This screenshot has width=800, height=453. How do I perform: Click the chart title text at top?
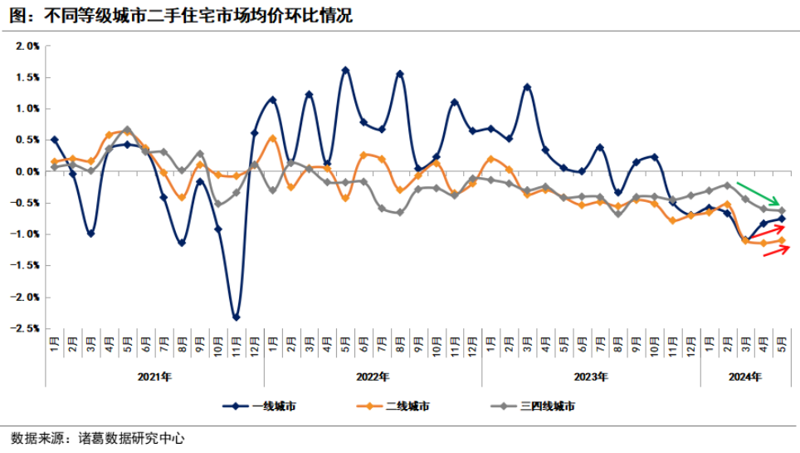(x=178, y=14)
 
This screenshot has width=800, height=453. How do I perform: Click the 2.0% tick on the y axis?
(x=28, y=46)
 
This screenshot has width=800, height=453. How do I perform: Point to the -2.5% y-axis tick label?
(x=27, y=328)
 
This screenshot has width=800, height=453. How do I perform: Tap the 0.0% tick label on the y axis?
(x=28, y=171)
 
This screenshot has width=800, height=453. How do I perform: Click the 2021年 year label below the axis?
(x=154, y=377)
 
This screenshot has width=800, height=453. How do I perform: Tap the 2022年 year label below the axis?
(x=373, y=377)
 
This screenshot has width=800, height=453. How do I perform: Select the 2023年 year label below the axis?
(x=591, y=377)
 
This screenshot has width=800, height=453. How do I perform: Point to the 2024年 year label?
(x=745, y=377)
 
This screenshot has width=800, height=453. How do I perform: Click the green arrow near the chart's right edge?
(x=758, y=194)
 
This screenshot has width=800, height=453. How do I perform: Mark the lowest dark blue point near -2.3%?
(x=237, y=318)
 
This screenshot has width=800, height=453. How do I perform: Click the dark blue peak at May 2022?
(x=345, y=71)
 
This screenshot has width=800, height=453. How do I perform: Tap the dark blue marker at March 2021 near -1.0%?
(x=90, y=234)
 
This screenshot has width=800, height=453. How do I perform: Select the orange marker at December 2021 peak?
(x=273, y=139)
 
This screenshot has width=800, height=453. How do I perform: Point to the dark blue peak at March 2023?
(x=527, y=87)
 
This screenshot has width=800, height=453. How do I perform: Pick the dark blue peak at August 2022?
(x=400, y=74)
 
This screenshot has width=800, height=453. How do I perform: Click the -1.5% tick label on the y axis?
(x=27, y=265)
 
